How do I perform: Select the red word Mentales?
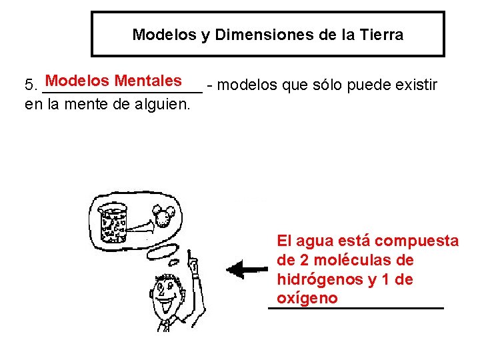point(148,81)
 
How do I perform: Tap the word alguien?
point(163,104)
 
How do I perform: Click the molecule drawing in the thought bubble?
point(164,214)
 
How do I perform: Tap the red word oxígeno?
point(307,298)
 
